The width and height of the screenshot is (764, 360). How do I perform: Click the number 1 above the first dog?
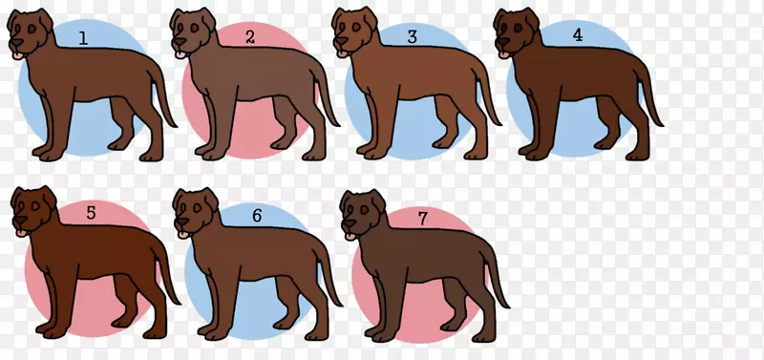(x=84, y=38)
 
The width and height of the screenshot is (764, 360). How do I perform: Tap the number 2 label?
(x=250, y=36)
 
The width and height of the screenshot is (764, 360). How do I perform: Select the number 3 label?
(x=413, y=36)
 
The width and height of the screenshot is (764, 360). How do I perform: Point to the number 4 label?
(x=578, y=35)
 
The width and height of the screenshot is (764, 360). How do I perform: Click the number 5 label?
(x=91, y=213)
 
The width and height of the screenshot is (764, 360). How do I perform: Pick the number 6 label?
(x=257, y=215)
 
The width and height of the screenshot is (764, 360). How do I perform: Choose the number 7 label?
(x=423, y=219)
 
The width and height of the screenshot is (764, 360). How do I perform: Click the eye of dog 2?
(x=194, y=29)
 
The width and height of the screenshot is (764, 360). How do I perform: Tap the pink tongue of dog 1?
(x=18, y=55)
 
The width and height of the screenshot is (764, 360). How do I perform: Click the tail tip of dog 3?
(x=498, y=124)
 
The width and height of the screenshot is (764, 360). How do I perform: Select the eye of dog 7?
(x=364, y=209)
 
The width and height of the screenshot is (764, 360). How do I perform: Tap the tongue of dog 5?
(x=21, y=233)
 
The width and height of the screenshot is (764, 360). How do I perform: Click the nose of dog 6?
(x=181, y=222)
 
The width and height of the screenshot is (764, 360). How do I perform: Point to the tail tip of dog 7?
(x=506, y=306)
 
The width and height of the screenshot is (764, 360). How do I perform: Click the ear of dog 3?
(x=371, y=18)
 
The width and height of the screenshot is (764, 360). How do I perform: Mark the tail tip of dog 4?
(x=660, y=124)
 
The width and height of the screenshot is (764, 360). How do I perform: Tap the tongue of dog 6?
(x=183, y=235)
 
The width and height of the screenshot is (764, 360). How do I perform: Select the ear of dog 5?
(x=50, y=197)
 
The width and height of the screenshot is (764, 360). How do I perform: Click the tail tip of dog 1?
(x=174, y=125)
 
